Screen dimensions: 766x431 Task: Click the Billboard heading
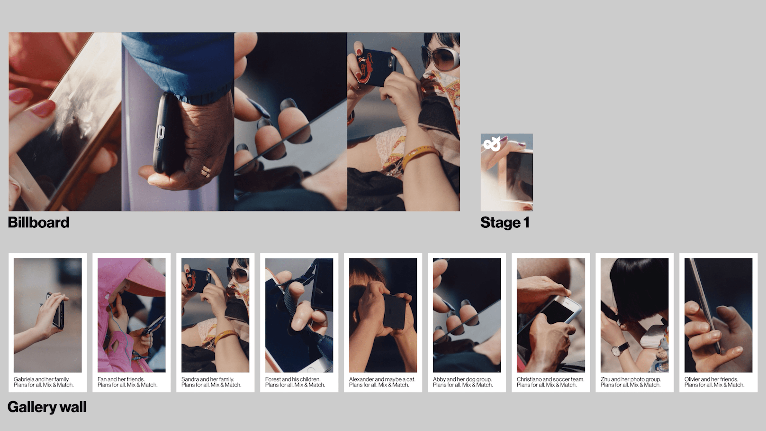pos(38,223)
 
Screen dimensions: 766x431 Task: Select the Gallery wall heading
pos(47,407)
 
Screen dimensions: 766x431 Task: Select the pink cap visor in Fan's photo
pos(146,280)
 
